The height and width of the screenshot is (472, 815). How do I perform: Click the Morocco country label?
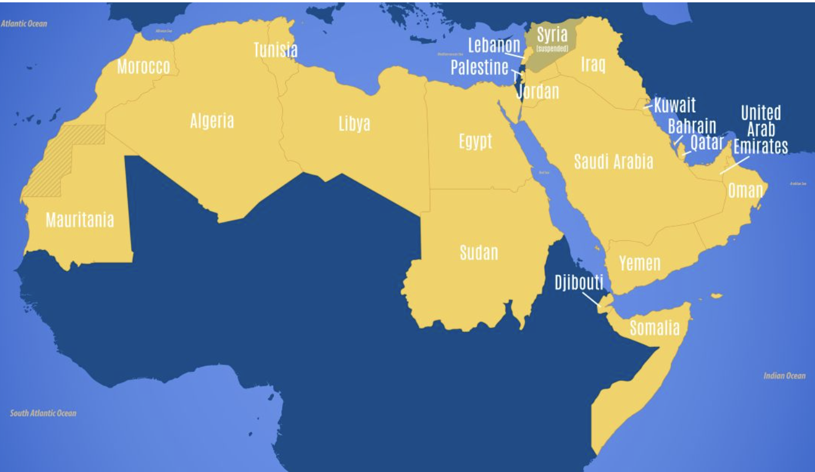pyautogui.click(x=143, y=67)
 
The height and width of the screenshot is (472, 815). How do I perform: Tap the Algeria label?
pyautogui.click(x=212, y=121)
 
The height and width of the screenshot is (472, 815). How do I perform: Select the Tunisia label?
pyautogui.click(x=275, y=50)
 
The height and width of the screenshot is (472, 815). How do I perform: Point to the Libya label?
pyautogui.click(x=355, y=123)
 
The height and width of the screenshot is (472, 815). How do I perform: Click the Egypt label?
pyautogui.click(x=476, y=141)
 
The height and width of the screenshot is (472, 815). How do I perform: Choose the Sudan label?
pyautogui.click(x=479, y=252)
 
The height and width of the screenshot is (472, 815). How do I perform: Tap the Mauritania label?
pyautogui.click(x=80, y=220)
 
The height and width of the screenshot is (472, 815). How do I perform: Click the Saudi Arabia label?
pyautogui.click(x=614, y=161)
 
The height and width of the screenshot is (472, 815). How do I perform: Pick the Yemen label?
pyautogui.click(x=640, y=263)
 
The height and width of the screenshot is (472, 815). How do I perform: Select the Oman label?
pyautogui.click(x=746, y=190)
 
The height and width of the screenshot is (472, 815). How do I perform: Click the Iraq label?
pyautogui.click(x=593, y=64)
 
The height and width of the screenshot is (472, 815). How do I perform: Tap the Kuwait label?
pyautogui.click(x=675, y=105)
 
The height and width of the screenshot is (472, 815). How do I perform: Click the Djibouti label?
pyautogui.click(x=579, y=283)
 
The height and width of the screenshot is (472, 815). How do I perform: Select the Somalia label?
pyautogui.click(x=655, y=328)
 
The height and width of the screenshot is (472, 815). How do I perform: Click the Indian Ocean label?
pyautogui.click(x=784, y=376)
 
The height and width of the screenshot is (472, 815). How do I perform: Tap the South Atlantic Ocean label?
pyautogui.click(x=43, y=413)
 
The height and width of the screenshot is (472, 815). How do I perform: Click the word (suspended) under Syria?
pyautogui.click(x=553, y=49)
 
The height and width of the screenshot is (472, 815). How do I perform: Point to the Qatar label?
pyautogui.click(x=706, y=142)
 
